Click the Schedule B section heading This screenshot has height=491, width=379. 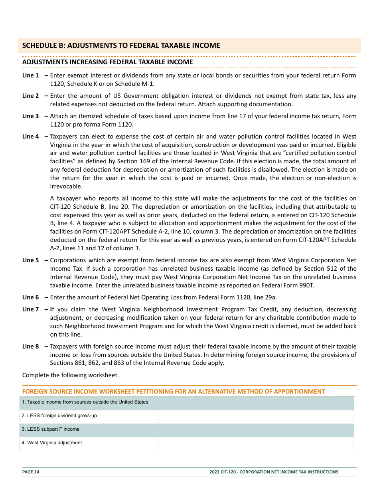[121, 46]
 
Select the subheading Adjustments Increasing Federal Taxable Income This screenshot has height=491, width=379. [107, 62]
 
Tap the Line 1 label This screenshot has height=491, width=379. [31, 75]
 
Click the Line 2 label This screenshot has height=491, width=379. [31, 96]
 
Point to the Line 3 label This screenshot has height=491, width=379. [31, 116]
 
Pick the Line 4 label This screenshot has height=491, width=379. [31, 137]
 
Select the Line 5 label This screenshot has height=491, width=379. [31, 260]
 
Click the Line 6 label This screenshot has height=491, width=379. [31, 297]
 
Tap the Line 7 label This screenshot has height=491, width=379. [31, 309]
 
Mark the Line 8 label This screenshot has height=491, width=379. [31, 346]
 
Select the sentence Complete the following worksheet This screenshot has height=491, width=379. [71, 375]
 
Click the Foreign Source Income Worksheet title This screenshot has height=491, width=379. [174, 392]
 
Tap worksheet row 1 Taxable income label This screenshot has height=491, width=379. [85, 402]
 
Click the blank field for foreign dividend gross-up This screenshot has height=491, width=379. [255, 416]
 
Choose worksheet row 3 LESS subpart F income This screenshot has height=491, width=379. [51, 429]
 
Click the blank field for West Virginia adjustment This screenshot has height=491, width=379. [255, 443]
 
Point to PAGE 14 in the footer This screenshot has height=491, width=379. [31, 472]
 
